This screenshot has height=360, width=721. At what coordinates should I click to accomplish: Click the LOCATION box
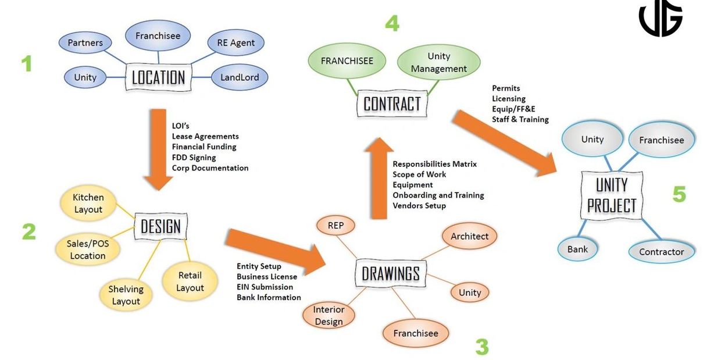pos(158,77)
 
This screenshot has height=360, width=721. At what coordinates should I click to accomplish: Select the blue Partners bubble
pos(85,42)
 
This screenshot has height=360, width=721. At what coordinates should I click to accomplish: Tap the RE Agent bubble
pos(235,42)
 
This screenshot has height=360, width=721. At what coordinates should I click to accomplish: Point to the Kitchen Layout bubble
pos(88,203)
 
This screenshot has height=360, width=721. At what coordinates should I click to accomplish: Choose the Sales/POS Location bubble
pos(88,249)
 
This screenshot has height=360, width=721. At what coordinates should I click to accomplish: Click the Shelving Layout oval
pos(126,295)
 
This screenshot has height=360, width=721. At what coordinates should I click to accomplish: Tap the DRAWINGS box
pos(391,273)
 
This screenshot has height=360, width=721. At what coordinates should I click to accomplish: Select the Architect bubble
pos(470,236)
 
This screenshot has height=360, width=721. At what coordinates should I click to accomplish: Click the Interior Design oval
pos(329,315)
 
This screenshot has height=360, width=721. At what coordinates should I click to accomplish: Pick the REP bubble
pos(335,225)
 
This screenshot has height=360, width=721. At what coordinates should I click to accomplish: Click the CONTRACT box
pos(391,104)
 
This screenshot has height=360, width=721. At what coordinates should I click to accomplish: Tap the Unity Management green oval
pos(438,62)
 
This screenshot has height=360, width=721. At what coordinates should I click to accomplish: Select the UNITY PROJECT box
pos(611,195)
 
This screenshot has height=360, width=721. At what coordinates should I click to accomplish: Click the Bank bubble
pos(577,249)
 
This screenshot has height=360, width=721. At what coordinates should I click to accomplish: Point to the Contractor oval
pos(661,251)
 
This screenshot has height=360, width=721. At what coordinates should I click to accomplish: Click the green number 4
pos(392,23)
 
